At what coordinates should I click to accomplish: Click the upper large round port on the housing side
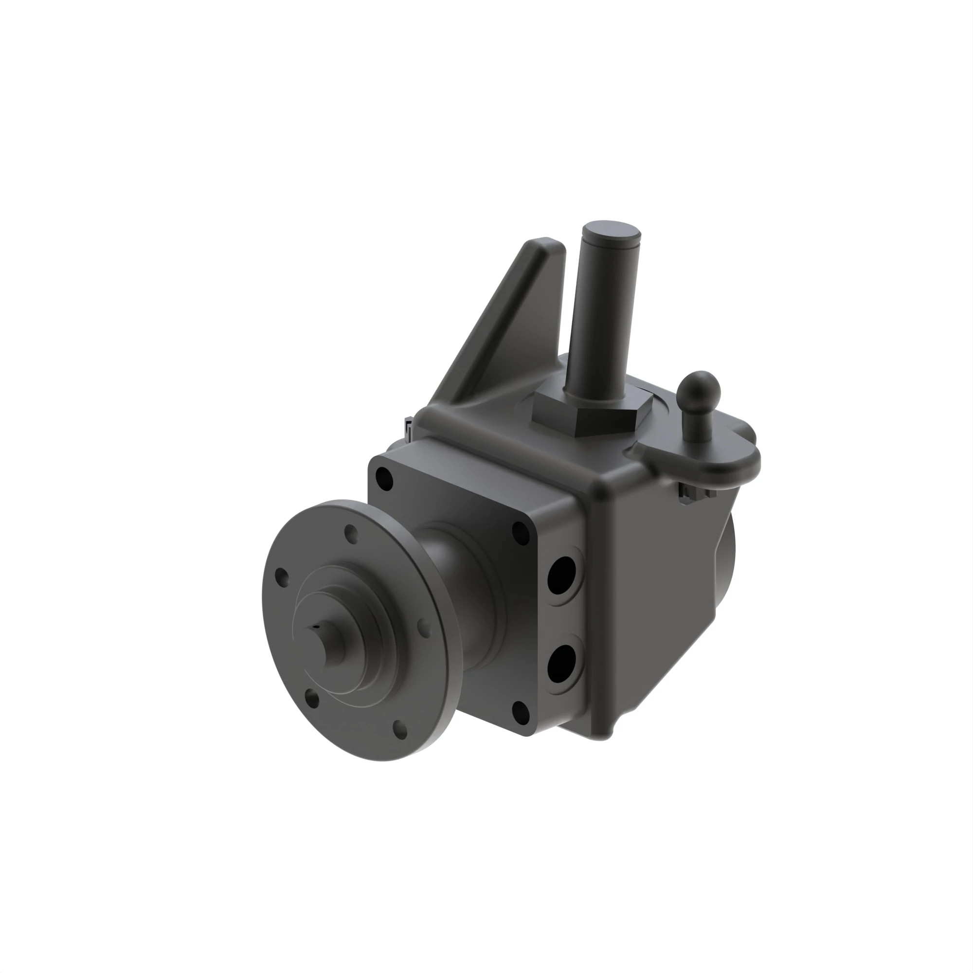tap(562, 575)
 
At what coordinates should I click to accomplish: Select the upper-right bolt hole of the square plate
tap(520, 533)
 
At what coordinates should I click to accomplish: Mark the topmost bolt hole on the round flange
tap(351, 533)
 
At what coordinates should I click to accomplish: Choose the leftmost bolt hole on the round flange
tap(282, 577)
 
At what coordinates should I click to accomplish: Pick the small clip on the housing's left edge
tap(409, 429)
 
